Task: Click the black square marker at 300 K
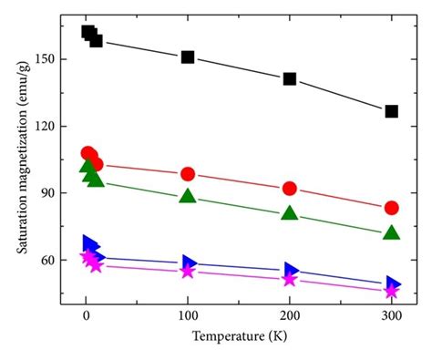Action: pyautogui.click(x=391, y=111)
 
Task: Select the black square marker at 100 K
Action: pyautogui.click(x=188, y=57)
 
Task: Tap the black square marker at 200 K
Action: pyautogui.click(x=290, y=78)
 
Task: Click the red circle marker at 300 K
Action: pyautogui.click(x=391, y=208)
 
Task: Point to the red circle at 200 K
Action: pyautogui.click(x=290, y=188)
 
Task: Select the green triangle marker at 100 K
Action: pyautogui.click(x=188, y=196)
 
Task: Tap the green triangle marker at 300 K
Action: pyautogui.click(x=391, y=232)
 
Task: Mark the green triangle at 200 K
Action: pyautogui.click(x=290, y=213)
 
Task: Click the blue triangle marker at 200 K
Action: pyautogui.click(x=291, y=269)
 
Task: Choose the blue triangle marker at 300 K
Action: pyautogui.click(x=392, y=283)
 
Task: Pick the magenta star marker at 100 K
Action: pyautogui.click(x=188, y=272)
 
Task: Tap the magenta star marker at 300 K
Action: pyautogui.click(x=391, y=292)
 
